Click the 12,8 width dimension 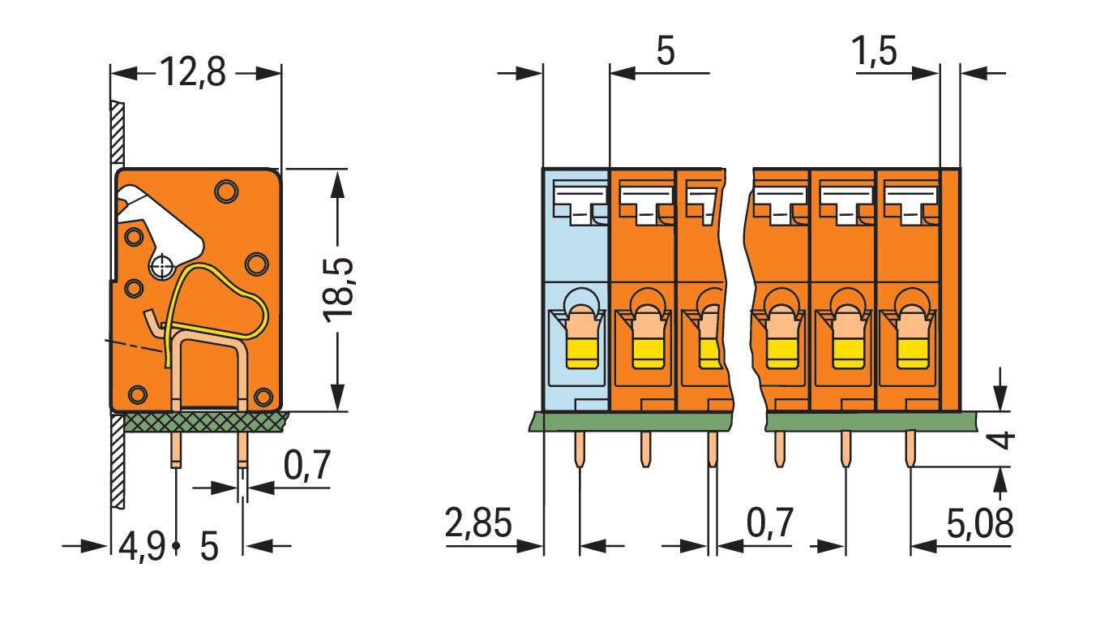[x=193, y=72]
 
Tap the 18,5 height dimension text [x=338, y=290]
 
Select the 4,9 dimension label [x=142, y=547]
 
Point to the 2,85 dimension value [x=478, y=522]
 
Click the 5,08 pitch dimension [x=980, y=523]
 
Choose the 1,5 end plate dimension [x=874, y=50]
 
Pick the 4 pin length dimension [x=1002, y=440]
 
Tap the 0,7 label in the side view [x=306, y=465]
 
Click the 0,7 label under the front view [x=769, y=522]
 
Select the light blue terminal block [x=576, y=290]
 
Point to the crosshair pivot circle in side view [x=162, y=267]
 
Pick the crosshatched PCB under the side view [x=204, y=422]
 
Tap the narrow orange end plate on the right [x=951, y=290]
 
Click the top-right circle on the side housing [x=226, y=191]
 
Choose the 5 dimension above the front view [x=666, y=50]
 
